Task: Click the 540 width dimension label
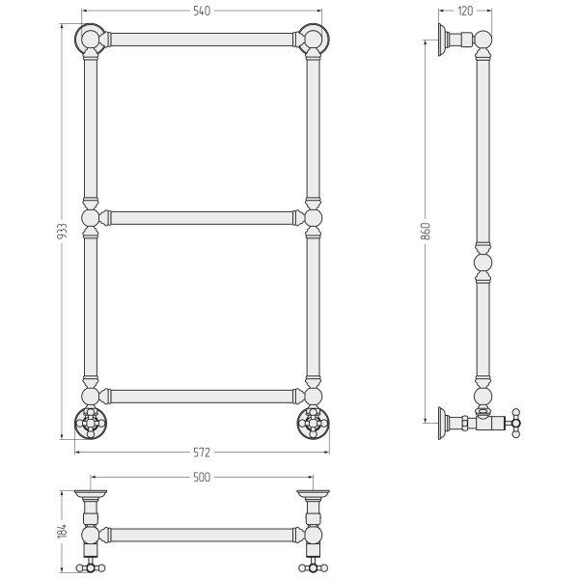point(202,11)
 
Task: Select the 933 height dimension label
point(63,232)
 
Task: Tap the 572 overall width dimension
point(202,453)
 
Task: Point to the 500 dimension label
point(202,477)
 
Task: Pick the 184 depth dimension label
point(63,530)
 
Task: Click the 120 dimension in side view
point(465,11)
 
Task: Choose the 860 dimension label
point(426,232)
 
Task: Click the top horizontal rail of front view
point(202,40)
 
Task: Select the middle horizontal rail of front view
point(202,218)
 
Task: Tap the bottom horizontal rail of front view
point(202,397)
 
